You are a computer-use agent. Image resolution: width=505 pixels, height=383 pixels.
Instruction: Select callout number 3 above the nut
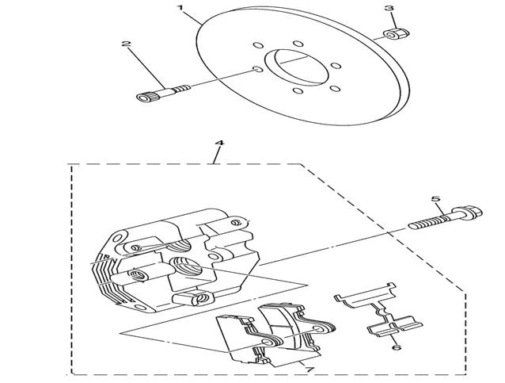[x=389, y=9]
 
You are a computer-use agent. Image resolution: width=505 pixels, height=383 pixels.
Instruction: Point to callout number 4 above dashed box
[x=219, y=143]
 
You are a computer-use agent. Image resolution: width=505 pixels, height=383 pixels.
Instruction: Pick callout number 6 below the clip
[x=396, y=347]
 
